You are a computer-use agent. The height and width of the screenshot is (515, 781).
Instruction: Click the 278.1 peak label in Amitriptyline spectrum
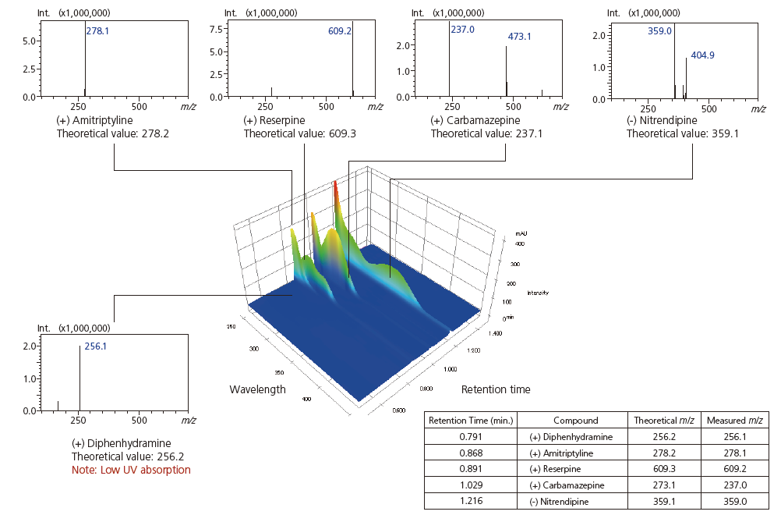(x=97, y=32)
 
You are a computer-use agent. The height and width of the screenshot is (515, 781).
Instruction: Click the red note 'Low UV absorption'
(x=131, y=470)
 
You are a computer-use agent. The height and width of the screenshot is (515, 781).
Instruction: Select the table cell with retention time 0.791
(x=471, y=436)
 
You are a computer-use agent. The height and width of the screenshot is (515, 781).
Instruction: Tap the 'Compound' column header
(x=575, y=421)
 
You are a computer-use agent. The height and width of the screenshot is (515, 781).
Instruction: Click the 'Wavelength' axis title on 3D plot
(x=257, y=389)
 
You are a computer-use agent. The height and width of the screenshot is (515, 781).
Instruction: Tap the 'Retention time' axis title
(x=496, y=389)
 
